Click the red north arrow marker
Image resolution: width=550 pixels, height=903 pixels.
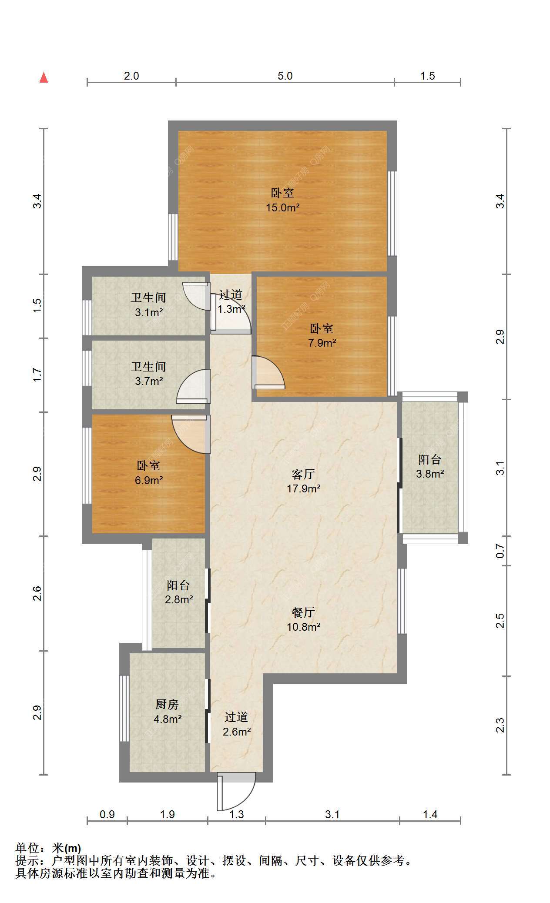click(x=44, y=77)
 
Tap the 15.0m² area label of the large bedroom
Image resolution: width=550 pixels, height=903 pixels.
click(x=283, y=207)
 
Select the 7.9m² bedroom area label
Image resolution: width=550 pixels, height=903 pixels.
click(x=322, y=343)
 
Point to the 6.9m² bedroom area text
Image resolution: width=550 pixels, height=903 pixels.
click(x=149, y=480)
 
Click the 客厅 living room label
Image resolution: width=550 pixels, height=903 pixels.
click(x=303, y=474)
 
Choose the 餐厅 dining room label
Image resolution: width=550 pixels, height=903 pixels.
click(x=303, y=612)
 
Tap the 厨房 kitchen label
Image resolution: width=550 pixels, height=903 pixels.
click(x=167, y=705)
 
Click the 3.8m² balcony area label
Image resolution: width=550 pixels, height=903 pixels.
click(x=430, y=474)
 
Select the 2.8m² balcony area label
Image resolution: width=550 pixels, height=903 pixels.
click(x=179, y=599)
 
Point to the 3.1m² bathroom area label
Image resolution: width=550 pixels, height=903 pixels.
click(x=149, y=312)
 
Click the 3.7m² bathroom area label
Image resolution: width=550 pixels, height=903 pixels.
click(x=149, y=381)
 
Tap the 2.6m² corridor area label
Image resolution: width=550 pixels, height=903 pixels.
click(x=237, y=732)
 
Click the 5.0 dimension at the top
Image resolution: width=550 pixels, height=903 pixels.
click(x=285, y=76)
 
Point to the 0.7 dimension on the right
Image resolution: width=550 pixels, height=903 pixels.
click(x=500, y=552)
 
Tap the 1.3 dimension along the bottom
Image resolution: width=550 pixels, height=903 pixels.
click(x=237, y=814)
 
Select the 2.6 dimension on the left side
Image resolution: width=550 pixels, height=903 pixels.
click(x=37, y=593)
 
